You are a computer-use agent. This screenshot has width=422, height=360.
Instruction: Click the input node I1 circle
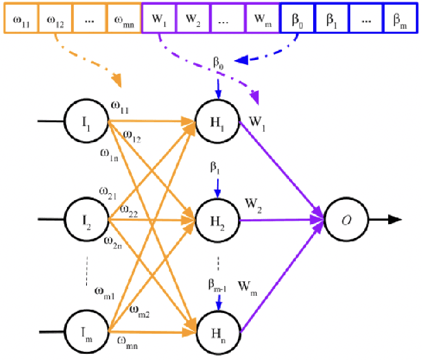click(x=84, y=122)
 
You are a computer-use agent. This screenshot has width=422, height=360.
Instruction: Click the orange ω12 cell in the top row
click(x=54, y=17)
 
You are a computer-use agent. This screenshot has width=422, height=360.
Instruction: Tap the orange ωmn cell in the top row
click(x=123, y=17)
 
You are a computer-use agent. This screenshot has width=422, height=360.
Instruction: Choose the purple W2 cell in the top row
click(x=192, y=17)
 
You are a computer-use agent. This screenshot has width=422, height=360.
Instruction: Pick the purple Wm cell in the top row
click(x=261, y=17)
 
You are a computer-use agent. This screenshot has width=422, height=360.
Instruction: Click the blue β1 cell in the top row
click(x=331, y=17)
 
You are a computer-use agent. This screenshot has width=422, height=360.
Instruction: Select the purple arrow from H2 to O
click(x=283, y=221)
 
